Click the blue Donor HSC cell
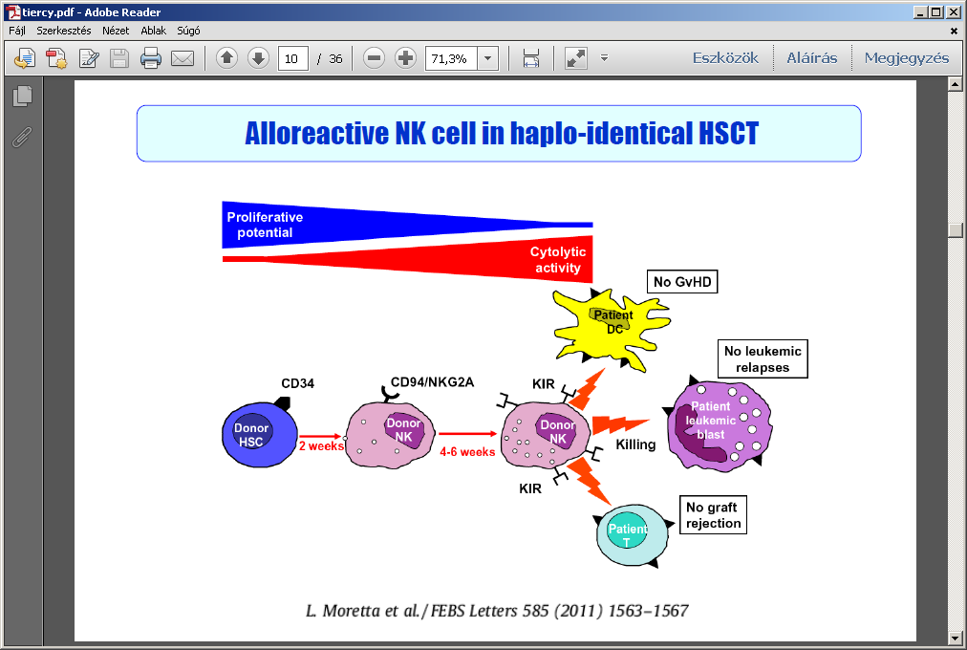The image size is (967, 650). click(259, 435)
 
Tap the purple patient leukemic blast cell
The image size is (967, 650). click(719, 425)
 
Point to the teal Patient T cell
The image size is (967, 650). click(633, 535)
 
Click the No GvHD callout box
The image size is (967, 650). click(682, 282)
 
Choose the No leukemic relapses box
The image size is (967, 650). click(763, 358)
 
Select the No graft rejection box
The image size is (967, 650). click(713, 515)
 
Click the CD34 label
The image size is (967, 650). click(298, 383)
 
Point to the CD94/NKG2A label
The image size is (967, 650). click(432, 382)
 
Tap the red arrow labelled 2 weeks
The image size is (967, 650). click(320, 437)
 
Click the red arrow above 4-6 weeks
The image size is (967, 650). click(468, 434)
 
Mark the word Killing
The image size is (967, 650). click(635, 444)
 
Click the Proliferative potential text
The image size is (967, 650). click(265, 225)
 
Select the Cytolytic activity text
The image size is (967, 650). click(557, 260)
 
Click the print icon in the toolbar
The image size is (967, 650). click(150, 58)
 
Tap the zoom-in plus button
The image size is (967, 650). click(405, 58)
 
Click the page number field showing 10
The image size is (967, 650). click(293, 58)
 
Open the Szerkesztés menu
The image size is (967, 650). click(63, 31)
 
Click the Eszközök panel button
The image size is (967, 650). click(725, 58)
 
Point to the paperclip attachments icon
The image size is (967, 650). click(22, 138)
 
